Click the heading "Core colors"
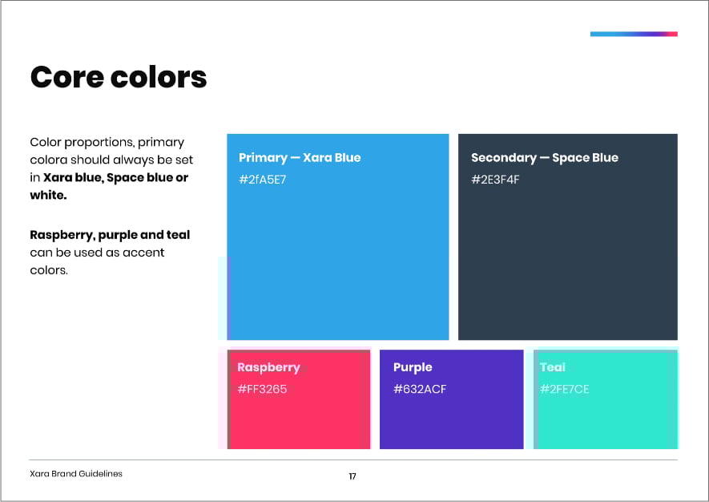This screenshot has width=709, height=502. [119, 76]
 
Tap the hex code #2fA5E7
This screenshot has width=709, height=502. [262, 180]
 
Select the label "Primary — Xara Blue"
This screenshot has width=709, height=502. [300, 157]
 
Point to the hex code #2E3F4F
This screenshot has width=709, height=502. [495, 180]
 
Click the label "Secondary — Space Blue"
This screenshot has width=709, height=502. [545, 157]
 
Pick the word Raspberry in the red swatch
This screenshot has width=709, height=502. [268, 367]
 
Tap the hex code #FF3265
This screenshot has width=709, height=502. [262, 389]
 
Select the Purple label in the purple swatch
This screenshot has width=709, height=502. [413, 367]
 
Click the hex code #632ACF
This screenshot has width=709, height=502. [420, 389]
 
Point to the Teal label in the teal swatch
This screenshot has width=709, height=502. [553, 367]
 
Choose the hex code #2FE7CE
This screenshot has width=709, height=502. [564, 389]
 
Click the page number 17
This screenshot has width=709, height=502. [352, 476]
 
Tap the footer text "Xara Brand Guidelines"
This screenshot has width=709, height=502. [76, 473]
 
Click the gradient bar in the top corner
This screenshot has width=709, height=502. [634, 34]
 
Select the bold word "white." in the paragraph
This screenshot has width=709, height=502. [48, 195]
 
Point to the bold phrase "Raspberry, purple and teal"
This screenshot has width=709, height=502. [110, 235]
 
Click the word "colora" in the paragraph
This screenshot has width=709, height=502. [49, 160]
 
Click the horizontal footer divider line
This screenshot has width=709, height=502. [353, 460]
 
